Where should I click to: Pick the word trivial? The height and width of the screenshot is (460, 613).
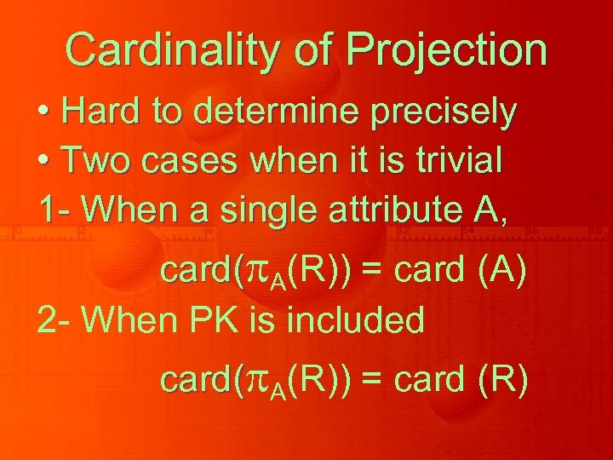pos(459,160)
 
